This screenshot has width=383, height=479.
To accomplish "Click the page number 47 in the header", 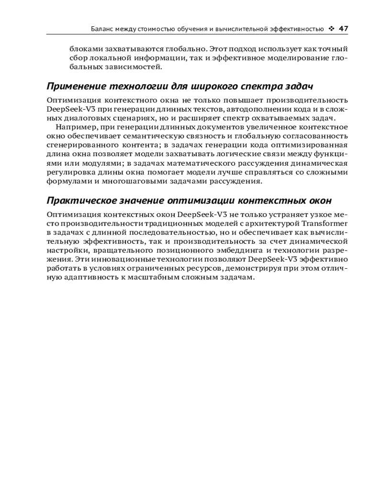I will tap(343, 29).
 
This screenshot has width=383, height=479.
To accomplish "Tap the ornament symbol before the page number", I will tap(332, 29).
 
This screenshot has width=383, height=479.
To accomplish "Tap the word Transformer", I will tap(325, 223).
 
